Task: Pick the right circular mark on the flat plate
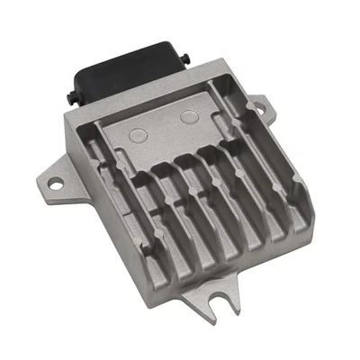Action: pyautogui.click(x=188, y=117)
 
